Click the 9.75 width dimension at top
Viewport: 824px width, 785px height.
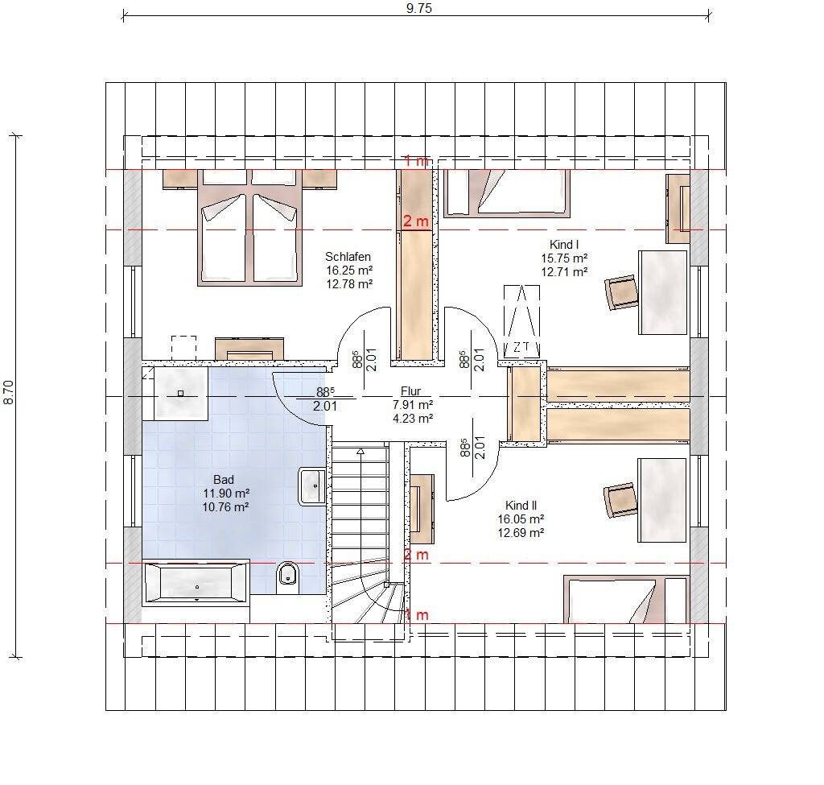(418, 8)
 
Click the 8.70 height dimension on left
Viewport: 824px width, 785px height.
(9, 392)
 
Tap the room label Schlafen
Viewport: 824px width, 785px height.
(348, 257)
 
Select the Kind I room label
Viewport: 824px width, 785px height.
(564, 245)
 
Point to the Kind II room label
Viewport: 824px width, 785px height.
(521, 506)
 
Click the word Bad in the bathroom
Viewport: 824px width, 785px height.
(224, 480)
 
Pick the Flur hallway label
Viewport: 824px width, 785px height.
(410, 391)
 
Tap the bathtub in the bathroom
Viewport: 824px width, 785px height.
(196, 583)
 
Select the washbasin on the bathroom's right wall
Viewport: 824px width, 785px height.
(312, 485)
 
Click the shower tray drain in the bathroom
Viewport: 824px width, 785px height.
(181, 393)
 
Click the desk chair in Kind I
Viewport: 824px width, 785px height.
(621, 292)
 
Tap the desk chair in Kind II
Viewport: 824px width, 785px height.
(620, 500)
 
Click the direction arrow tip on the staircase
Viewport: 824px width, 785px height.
(360, 449)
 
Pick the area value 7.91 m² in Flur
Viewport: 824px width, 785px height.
(413, 405)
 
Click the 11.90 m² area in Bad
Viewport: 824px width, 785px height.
(226, 494)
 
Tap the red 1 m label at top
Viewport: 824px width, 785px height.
(416, 161)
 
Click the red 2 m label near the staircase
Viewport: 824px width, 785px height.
(416, 554)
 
